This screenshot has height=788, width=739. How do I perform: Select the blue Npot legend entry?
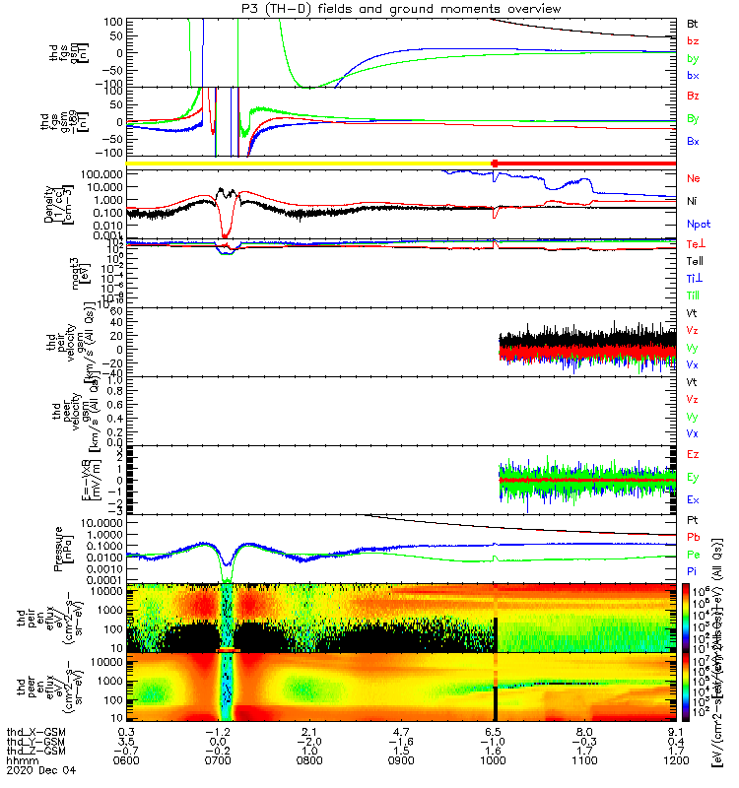[698, 225]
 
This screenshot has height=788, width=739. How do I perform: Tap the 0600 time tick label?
[125, 760]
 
